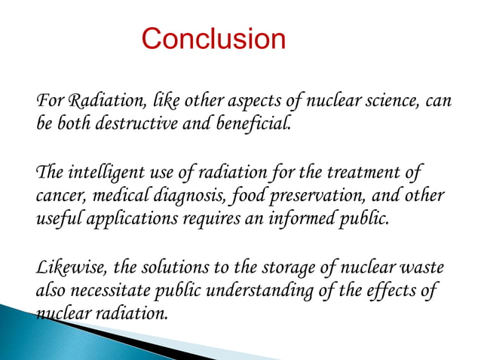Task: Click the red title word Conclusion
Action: (213, 39)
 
